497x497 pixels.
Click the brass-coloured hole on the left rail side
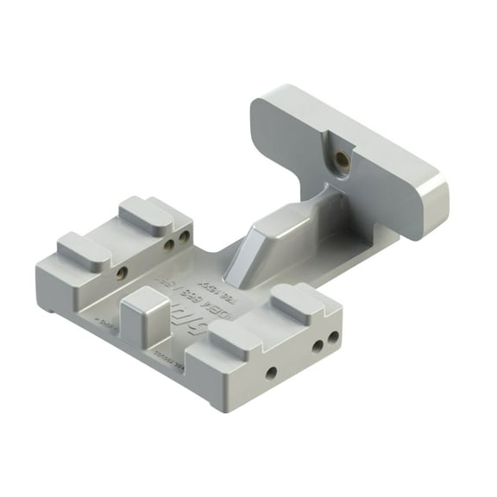pyautogui.click(x=122, y=273)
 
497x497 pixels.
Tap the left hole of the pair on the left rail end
pyautogui.click(x=170, y=244)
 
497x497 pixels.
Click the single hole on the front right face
pyautogui.click(x=271, y=372)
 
